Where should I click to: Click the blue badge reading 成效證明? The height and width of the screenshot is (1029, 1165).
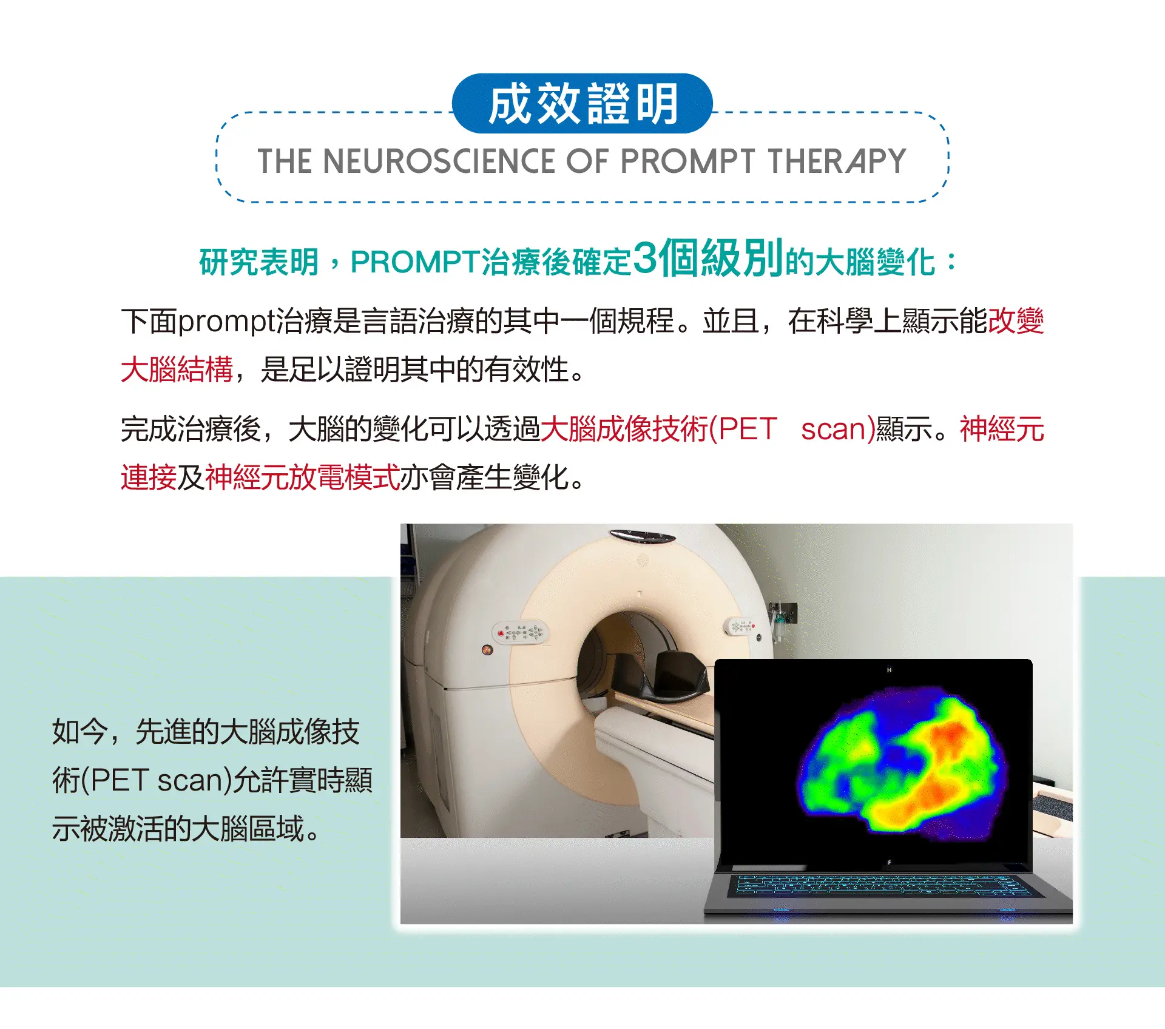coord(582,103)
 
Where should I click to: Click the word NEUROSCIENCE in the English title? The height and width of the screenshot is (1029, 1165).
coord(439,161)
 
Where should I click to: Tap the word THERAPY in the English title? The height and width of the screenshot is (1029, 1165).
coord(837,161)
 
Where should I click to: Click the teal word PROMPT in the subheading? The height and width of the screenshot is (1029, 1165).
coord(416,262)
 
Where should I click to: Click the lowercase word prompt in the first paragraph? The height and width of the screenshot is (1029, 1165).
coord(227,322)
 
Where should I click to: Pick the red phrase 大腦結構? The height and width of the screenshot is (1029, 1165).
coord(177,369)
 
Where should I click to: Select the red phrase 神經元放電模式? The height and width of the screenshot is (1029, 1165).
coord(303,477)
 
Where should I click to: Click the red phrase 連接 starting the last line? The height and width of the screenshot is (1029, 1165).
coord(149,477)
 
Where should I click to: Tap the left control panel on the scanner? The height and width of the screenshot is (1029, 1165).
coord(519,632)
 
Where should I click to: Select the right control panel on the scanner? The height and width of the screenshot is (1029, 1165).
coord(741,626)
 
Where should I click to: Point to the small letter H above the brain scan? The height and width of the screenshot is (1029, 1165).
coord(889,670)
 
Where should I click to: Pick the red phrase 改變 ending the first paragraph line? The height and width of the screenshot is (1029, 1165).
coord(1016,322)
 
